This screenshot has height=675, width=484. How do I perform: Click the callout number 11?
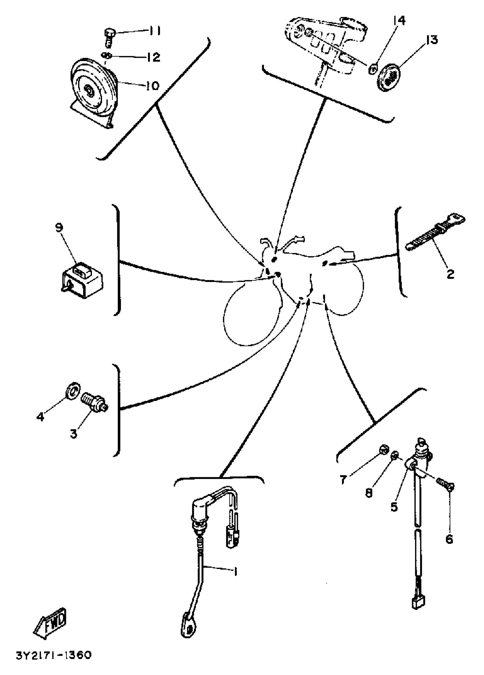(154, 31)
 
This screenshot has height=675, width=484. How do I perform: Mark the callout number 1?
(235, 572)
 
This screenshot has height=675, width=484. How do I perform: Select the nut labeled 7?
(383, 458)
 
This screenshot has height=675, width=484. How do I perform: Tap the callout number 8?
(369, 493)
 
